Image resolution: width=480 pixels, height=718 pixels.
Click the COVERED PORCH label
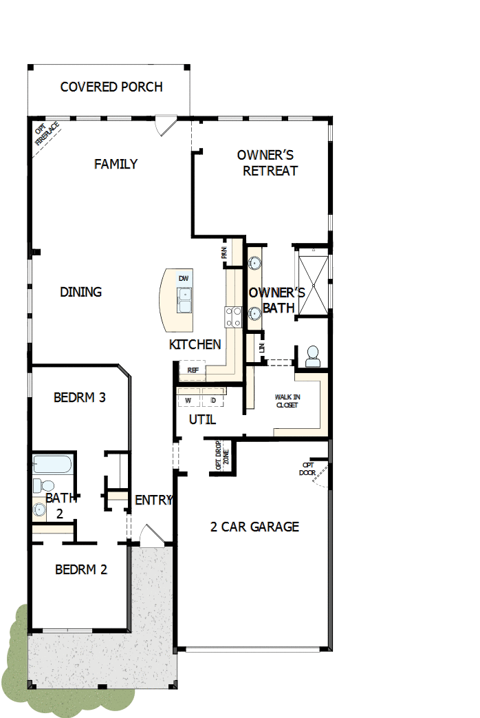[111, 87]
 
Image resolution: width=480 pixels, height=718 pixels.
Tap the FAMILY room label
[116, 164]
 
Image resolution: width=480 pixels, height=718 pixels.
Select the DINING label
[80, 292]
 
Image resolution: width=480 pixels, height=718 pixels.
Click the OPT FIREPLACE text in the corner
[47, 133]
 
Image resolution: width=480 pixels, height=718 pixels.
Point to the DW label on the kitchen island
[184, 278]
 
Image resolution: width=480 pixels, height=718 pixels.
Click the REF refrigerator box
[193, 370]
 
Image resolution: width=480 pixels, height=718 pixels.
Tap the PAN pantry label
[224, 253]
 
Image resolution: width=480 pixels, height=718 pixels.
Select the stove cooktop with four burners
[234, 316]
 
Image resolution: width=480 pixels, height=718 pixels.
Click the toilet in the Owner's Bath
[313, 355]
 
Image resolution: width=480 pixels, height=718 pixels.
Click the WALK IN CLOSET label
[287, 401]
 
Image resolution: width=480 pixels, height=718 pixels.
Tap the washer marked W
[188, 400]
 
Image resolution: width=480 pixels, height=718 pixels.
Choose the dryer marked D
[213, 400]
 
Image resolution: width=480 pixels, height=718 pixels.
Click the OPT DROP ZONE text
[222, 456]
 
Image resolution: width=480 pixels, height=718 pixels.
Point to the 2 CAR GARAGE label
[254, 527]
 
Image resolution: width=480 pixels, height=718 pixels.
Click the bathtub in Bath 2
[52, 465]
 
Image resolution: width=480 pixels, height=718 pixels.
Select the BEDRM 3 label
[80, 397]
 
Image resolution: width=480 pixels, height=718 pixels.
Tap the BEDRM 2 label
[80, 569]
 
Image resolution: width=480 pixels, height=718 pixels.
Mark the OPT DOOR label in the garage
[307, 468]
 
